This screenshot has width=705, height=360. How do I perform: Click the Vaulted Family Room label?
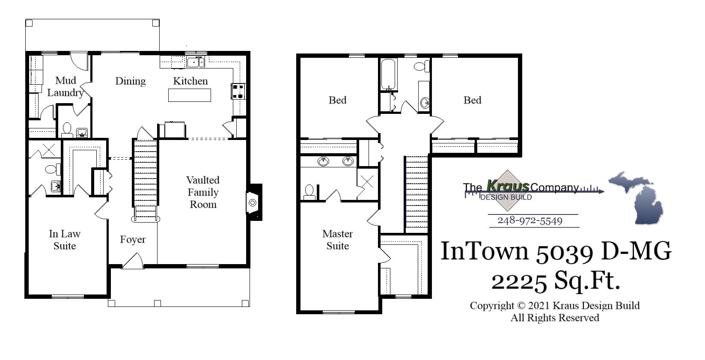[203, 192]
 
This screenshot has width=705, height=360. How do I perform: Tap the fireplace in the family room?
[253, 202]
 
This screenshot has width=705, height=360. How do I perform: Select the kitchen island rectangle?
[190, 95]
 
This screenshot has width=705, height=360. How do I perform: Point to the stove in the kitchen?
[238, 91]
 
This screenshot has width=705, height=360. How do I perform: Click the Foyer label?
[133, 240]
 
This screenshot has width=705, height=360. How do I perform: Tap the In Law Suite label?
[65, 240]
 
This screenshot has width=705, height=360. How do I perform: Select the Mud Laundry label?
[65, 86]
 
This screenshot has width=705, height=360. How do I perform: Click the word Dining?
[131, 81]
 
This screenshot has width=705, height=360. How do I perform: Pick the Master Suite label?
[337, 240]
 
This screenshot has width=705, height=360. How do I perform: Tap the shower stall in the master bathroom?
[367, 181]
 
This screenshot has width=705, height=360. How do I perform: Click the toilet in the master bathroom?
[309, 192]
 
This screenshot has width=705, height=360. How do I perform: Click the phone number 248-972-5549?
[530, 221]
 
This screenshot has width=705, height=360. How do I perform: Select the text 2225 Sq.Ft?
[555, 281]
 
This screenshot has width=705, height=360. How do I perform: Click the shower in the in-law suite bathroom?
[47, 150]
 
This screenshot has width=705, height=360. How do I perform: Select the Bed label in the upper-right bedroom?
[472, 100]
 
